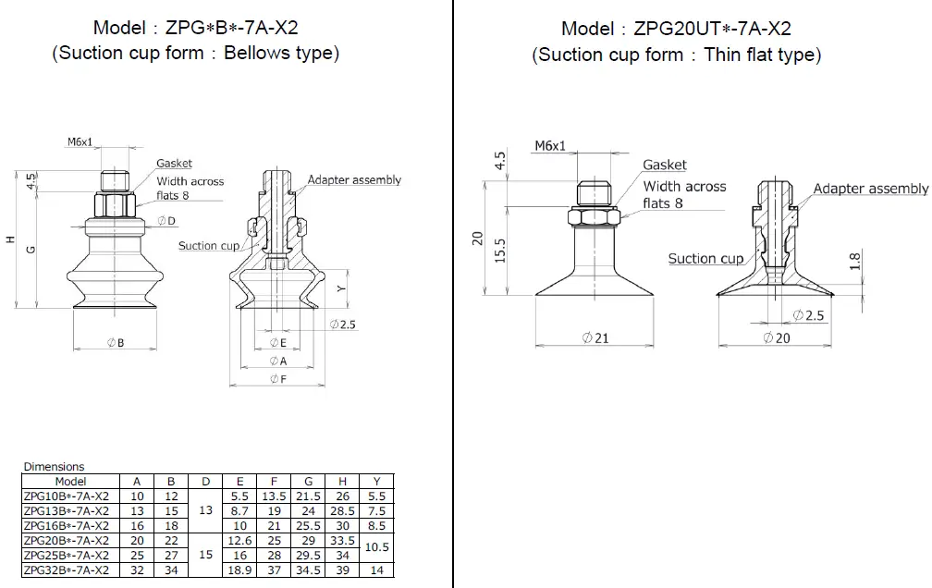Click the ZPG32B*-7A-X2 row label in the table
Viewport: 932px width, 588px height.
[66, 571]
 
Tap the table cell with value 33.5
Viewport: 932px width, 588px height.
[343, 540]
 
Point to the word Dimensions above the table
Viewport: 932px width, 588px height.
[54, 467]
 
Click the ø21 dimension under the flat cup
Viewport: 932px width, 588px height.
[595, 338]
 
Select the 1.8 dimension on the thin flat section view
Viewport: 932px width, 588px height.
[854, 262]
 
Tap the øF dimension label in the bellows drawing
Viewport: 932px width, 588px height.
[277, 379]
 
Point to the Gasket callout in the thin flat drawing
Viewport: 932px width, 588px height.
[665, 165]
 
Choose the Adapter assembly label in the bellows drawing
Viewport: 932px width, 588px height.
[354, 179]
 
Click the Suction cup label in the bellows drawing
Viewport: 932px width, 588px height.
[209, 245]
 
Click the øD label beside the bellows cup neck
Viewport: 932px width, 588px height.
[166, 220]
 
